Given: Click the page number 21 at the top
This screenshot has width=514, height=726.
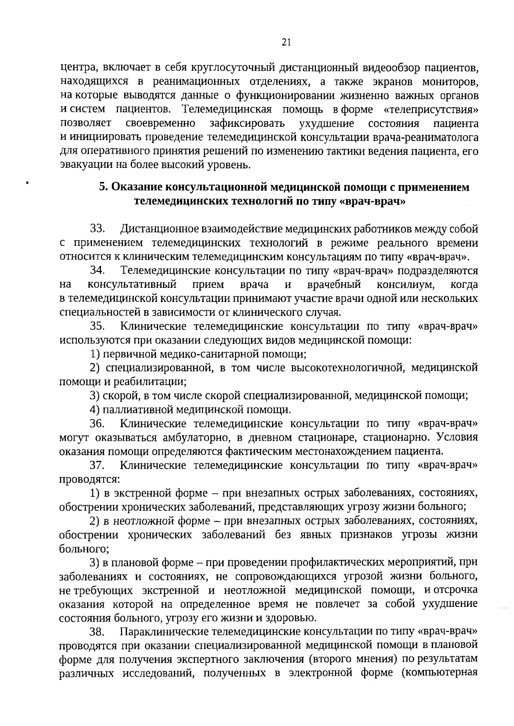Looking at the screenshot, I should click(287, 42).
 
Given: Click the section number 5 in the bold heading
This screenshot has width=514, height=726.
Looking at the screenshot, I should click(103, 188).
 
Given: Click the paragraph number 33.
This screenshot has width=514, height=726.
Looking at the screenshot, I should click(98, 229).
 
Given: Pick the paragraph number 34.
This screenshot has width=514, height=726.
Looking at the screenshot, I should click(98, 271).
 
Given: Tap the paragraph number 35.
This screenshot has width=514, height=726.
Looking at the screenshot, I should click(98, 326).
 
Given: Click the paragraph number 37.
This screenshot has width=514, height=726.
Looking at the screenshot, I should click(98, 465).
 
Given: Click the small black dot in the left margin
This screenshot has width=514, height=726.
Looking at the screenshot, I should click(27, 183).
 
